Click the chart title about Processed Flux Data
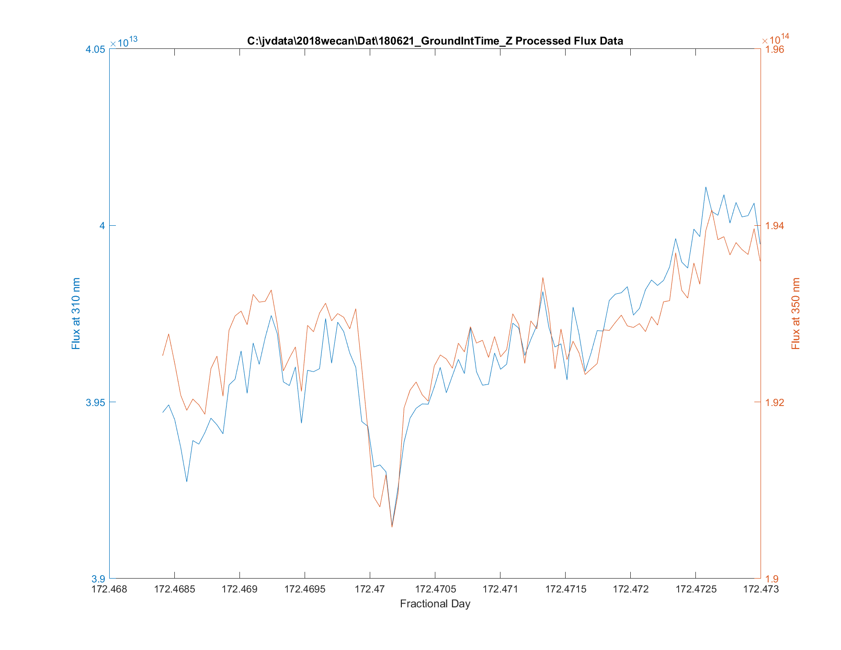click(x=435, y=41)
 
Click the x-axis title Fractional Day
click(x=435, y=604)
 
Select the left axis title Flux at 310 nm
click(x=76, y=313)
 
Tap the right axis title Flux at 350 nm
click(x=796, y=313)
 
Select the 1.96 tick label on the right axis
click(x=775, y=49)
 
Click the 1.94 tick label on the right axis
click(x=775, y=226)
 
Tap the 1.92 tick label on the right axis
click(x=775, y=402)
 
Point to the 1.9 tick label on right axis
click(x=772, y=579)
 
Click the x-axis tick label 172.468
click(x=110, y=589)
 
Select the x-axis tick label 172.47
click(x=370, y=589)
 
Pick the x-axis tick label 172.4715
click(x=565, y=589)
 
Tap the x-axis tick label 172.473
click(x=761, y=589)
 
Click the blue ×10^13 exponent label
click(x=124, y=42)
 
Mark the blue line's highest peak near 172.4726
click(x=705, y=187)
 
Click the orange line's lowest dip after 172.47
click(x=392, y=527)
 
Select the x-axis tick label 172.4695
click(x=305, y=589)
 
